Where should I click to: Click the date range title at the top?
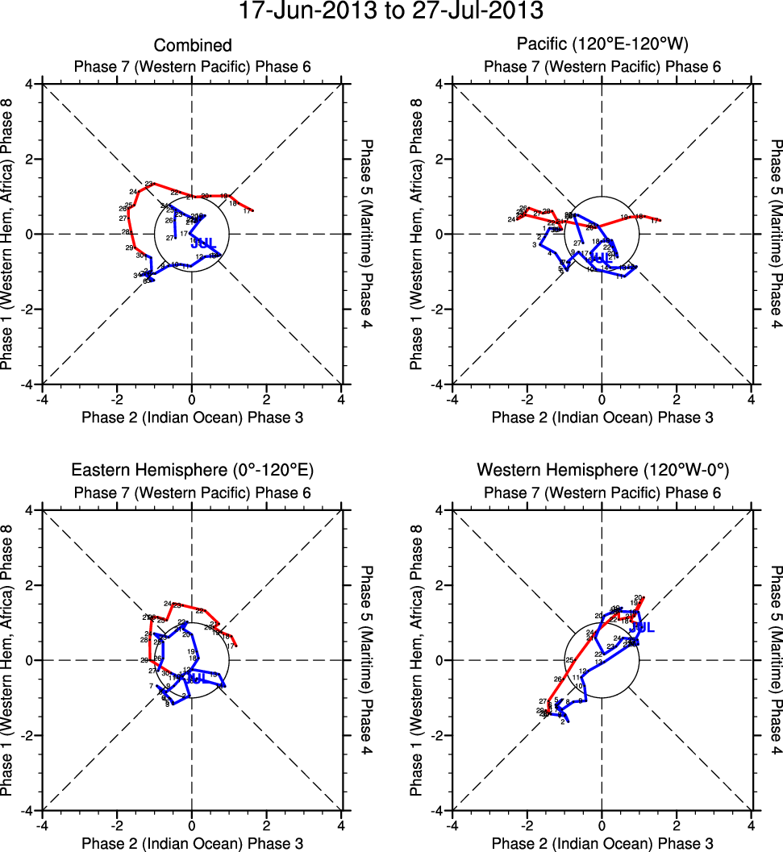coord(391,11)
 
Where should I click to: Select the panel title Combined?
coord(193,46)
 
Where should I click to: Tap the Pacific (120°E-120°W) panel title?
coord(602,46)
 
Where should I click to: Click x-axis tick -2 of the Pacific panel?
coord(526,399)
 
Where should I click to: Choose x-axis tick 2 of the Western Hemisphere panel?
coord(677,825)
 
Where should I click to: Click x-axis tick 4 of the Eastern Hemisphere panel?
coord(342,825)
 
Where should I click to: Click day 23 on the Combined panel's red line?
coord(149,184)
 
